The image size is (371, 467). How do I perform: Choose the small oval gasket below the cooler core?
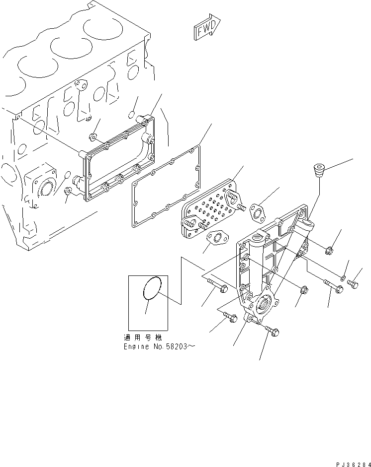[x=215, y=241]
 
